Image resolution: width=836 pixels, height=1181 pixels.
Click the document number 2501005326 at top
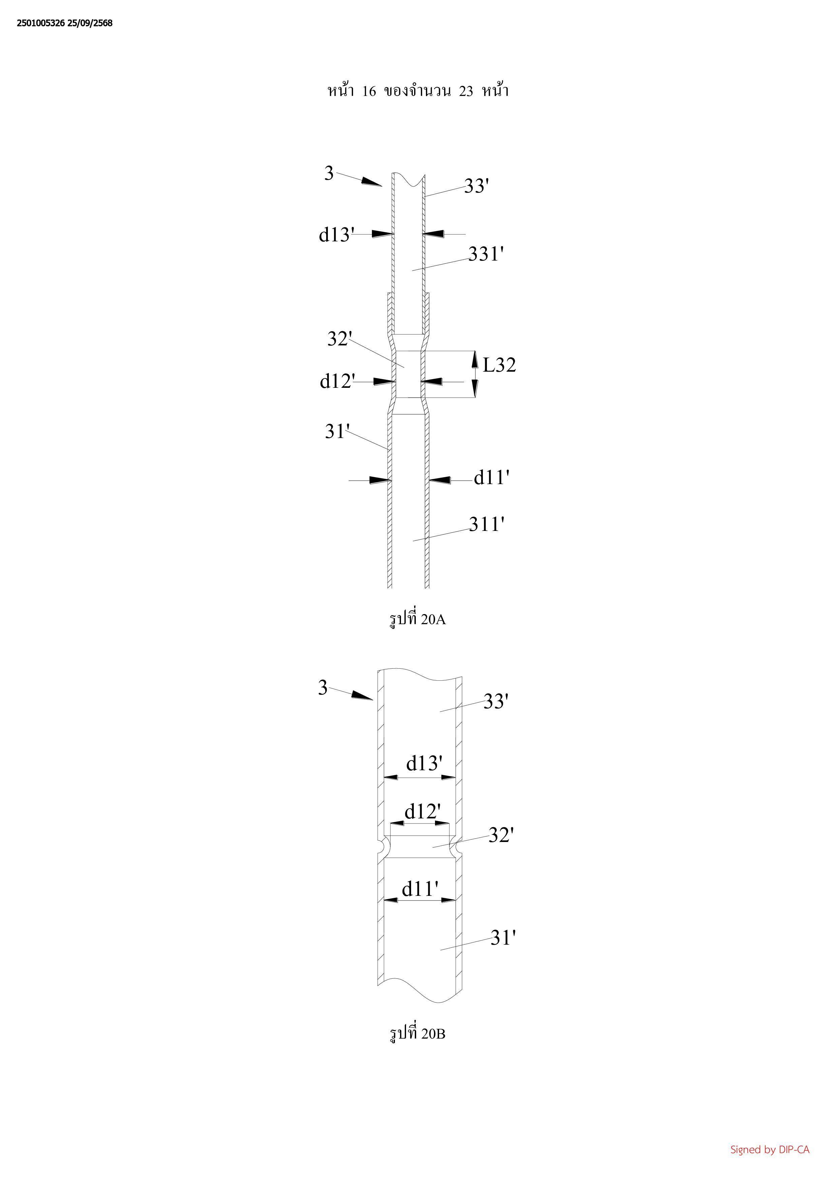(x=41, y=23)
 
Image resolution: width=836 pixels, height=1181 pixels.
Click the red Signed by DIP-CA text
(x=770, y=1149)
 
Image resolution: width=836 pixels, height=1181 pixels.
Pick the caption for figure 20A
(x=417, y=619)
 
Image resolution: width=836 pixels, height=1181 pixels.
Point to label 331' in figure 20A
(x=486, y=254)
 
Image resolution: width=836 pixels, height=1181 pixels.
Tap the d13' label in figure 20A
(x=337, y=235)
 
